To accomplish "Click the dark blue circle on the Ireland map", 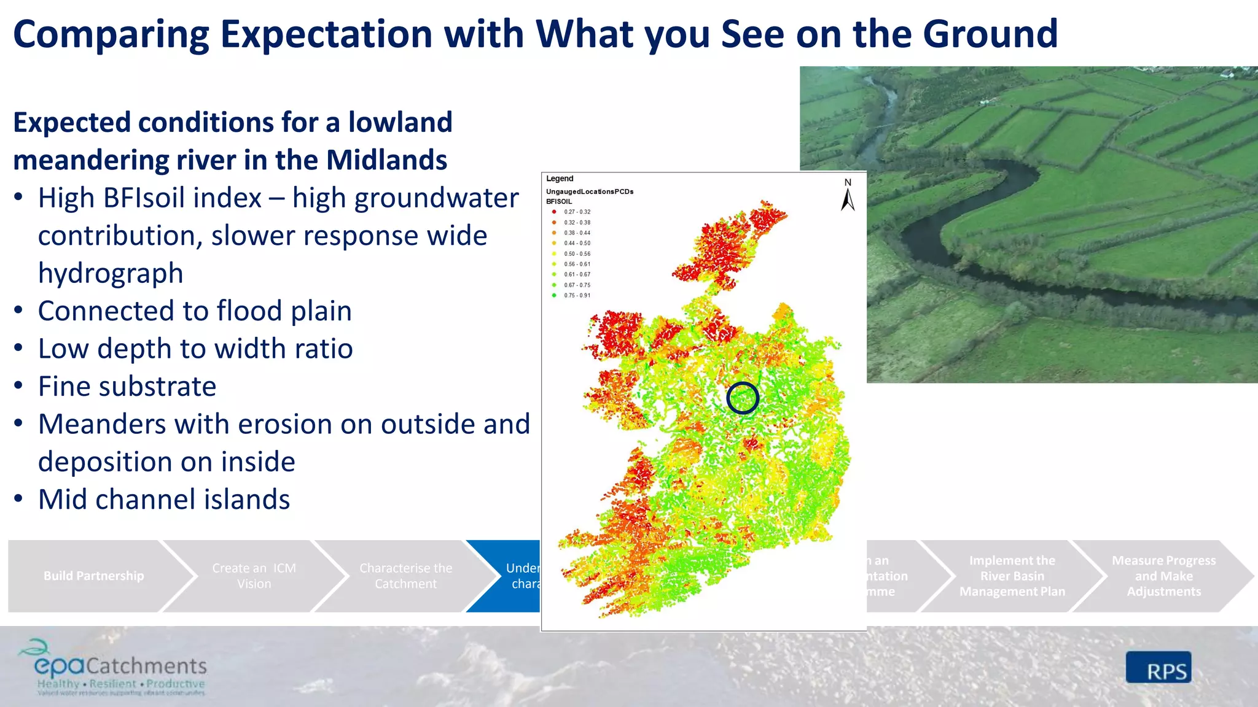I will click(x=743, y=398).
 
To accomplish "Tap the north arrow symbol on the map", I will click(x=848, y=195).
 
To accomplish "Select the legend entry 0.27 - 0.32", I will click(x=577, y=212).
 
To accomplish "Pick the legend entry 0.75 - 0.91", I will click(x=577, y=295).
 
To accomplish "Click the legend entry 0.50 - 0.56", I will click(x=577, y=253).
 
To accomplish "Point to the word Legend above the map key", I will click(x=560, y=179).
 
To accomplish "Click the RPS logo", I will click(x=1158, y=668).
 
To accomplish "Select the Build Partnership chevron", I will click(x=93, y=576).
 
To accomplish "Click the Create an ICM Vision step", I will click(x=254, y=576).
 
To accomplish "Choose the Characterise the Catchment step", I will click(x=405, y=576).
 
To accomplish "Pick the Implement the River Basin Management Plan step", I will click(x=1012, y=576).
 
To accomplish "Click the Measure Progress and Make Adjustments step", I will click(x=1163, y=576).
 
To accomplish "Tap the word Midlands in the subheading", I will click(x=386, y=160).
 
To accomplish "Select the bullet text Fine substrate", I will click(x=127, y=387).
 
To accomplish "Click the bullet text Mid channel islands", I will click(x=164, y=500).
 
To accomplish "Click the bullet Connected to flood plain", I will click(x=195, y=311).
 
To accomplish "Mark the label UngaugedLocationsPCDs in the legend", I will click(x=590, y=191).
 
